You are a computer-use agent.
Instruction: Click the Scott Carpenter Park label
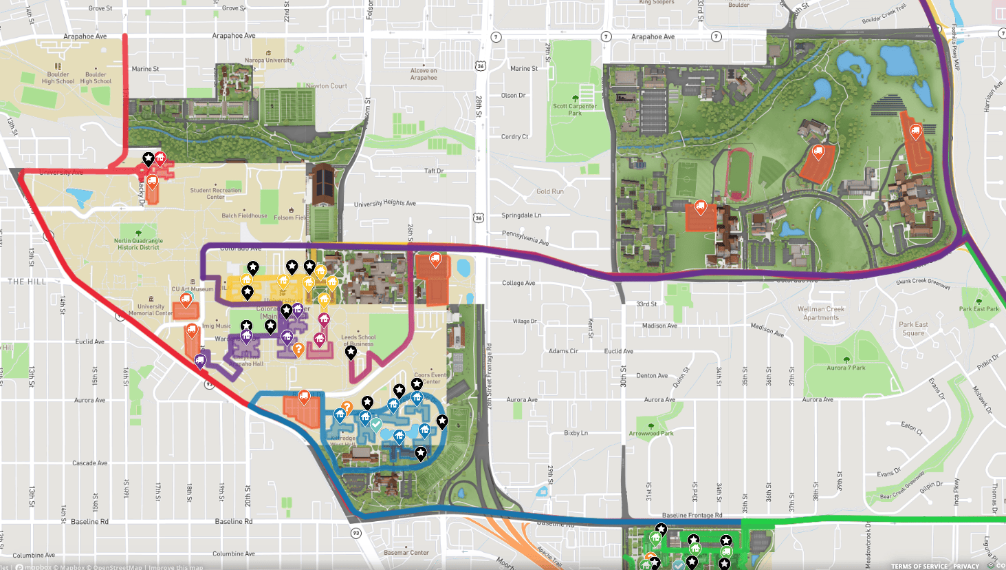pos(575,109)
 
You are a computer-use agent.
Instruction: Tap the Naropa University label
pos(269,61)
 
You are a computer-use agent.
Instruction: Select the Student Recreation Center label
pos(216,193)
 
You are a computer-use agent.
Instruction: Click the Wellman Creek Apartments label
pos(820,313)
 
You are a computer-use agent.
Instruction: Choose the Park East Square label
pos(913,329)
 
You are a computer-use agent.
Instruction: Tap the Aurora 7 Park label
pos(846,368)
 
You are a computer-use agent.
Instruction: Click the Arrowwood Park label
pos(650,434)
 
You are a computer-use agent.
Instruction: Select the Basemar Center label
pos(406,552)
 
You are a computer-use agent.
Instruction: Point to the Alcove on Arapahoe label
pos(424,74)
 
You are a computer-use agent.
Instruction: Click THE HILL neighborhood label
pos(27,282)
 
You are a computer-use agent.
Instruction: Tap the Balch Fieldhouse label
pos(244,215)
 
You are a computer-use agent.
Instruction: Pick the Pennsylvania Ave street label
pos(525,238)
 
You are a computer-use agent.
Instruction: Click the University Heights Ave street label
pos(384,203)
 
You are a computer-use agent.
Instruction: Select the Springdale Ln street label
pos(521,215)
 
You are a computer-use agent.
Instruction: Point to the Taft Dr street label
pos(434,171)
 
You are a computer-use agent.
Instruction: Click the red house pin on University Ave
pos(160,158)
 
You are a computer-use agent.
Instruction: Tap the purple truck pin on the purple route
pos(200,359)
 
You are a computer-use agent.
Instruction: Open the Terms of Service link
pos(919,566)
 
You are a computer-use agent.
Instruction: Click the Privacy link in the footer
pos(965,566)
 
